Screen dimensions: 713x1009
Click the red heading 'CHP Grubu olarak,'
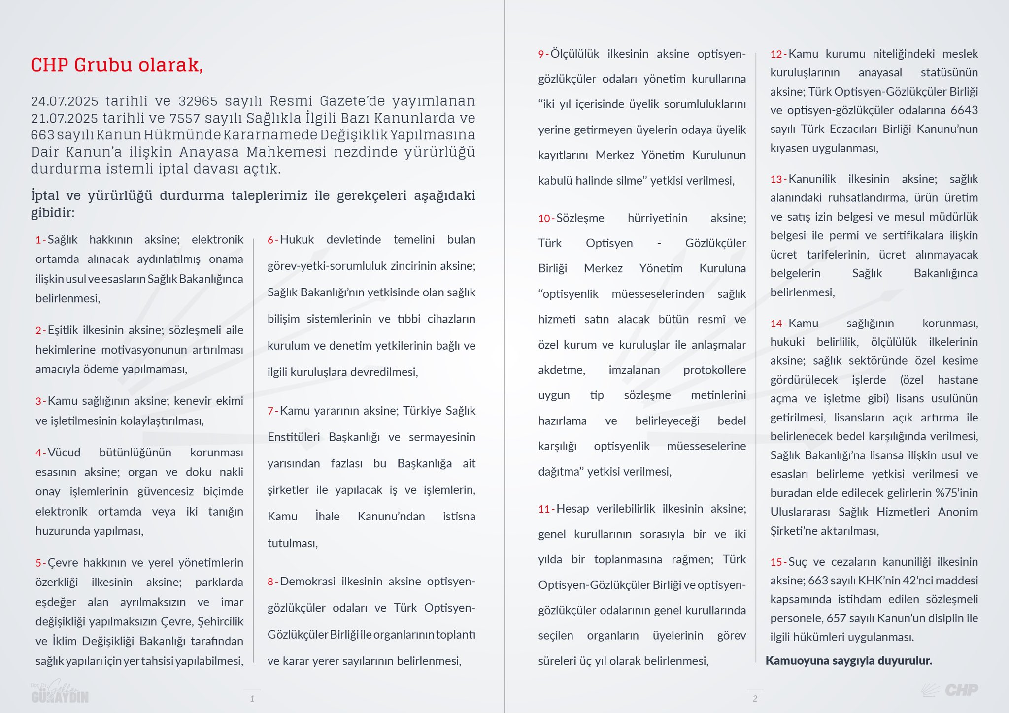click(117, 65)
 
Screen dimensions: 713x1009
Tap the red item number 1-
click(40, 240)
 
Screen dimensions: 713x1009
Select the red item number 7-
click(272, 411)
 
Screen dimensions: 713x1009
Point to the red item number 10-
click(546, 218)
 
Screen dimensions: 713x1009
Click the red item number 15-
click(778, 562)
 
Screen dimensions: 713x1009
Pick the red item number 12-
click(778, 54)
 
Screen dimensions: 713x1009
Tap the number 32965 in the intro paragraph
click(198, 101)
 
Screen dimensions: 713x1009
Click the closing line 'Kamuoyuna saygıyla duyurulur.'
click(849, 661)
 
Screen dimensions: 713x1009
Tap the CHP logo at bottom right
click(950, 690)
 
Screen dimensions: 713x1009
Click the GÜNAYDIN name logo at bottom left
click(60, 694)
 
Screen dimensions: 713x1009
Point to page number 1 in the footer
click(252, 698)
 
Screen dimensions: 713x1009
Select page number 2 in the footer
click(755, 698)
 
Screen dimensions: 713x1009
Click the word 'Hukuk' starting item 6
click(297, 240)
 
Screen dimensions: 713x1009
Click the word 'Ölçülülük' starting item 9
click(574, 54)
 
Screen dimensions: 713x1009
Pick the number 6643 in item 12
click(964, 110)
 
